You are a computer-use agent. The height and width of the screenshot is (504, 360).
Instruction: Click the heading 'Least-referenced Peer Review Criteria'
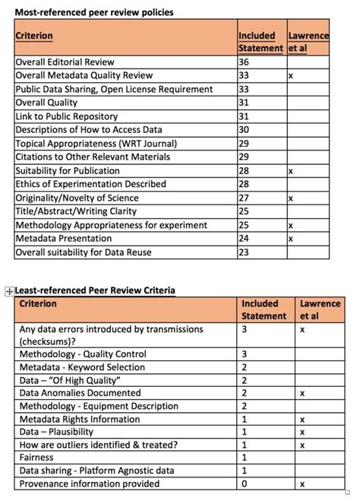click(95, 290)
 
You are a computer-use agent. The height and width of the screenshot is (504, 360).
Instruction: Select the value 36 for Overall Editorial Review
click(244, 62)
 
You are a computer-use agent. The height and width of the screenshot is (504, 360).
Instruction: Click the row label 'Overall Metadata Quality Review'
click(84, 76)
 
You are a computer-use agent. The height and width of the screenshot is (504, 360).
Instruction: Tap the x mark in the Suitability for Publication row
click(291, 171)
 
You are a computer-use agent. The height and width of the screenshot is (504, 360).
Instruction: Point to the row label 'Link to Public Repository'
click(67, 116)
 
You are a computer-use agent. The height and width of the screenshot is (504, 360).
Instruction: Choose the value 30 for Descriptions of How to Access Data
click(244, 130)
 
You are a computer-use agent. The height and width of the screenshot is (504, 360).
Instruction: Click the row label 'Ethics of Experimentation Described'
click(90, 184)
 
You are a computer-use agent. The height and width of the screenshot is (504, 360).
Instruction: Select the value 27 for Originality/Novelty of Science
click(244, 198)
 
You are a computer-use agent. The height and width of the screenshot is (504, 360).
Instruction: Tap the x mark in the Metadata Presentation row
click(291, 239)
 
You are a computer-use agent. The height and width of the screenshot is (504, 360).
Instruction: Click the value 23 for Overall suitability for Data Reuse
click(244, 252)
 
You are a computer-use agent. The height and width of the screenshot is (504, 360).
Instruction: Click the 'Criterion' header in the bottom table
click(39, 304)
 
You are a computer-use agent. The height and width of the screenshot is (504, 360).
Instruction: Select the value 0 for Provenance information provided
click(245, 484)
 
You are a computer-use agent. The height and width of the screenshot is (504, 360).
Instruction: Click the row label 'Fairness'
click(36, 458)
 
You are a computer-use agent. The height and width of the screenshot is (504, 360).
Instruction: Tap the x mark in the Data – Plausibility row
click(302, 432)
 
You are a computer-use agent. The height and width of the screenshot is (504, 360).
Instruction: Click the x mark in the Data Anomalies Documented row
click(302, 393)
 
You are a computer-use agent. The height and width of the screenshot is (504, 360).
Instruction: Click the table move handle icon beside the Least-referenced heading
click(9, 291)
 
